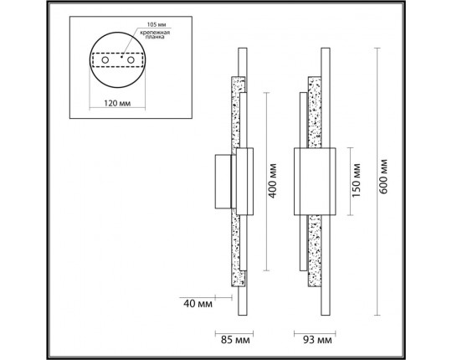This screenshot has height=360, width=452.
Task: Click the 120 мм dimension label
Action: pyautogui.click(x=117, y=103)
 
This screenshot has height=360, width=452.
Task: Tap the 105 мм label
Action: pyautogui.click(x=157, y=24)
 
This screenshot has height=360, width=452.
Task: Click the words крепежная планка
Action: pyautogui.click(x=155, y=34)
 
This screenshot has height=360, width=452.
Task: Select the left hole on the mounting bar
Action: pyautogui.click(x=105, y=60)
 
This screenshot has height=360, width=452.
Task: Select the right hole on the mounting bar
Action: pyautogui.click(x=131, y=60)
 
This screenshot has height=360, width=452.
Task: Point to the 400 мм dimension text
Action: pyautogui.click(x=272, y=181)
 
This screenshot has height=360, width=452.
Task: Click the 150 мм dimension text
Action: pyautogui.click(x=357, y=180)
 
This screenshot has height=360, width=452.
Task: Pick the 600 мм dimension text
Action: pyautogui.click(x=383, y=177)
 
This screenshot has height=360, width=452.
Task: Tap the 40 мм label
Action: pyautogui.click(x=198, y=304)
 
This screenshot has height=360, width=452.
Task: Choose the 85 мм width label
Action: pyautogui.click(x=235, y=340)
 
